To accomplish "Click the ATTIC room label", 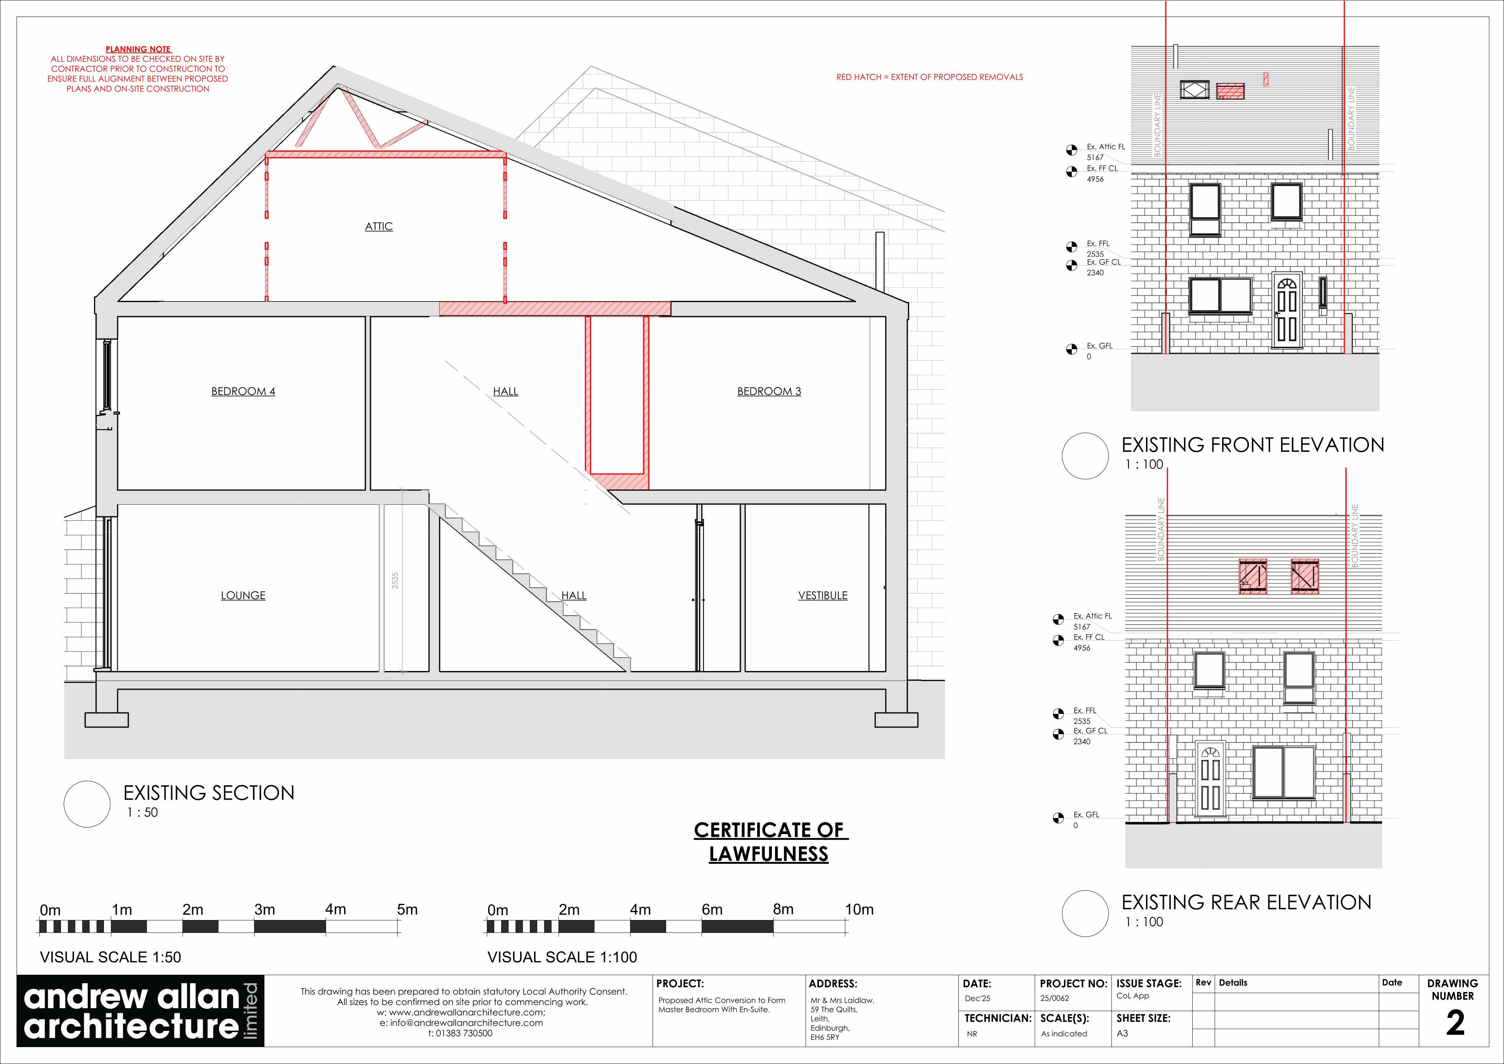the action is (379, 227).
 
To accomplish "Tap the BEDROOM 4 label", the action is (243, 392).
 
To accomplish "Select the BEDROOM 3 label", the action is (769, 392).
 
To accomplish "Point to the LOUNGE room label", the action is (243, 596).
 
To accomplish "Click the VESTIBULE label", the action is (823, 596).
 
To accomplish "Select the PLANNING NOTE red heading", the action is (138, 49).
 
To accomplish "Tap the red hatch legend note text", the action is (929, 77).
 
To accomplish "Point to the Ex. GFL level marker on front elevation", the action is (1072, 349).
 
